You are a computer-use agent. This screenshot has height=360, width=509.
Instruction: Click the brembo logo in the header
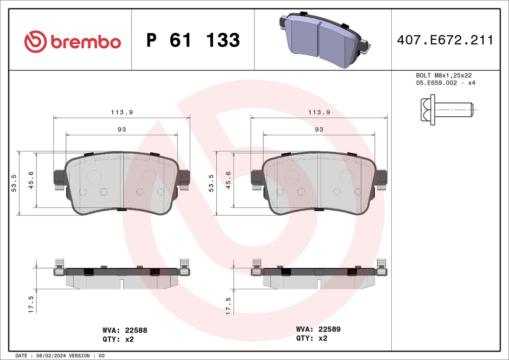[x=73, y=41]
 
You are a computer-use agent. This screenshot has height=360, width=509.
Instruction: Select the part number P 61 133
[x=193, y=40]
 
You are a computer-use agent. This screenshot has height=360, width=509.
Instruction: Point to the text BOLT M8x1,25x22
[x=443, y=76]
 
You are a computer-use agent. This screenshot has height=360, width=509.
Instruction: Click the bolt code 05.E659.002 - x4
[x=445, y=83]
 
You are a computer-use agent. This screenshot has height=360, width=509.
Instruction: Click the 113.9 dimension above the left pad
[x=121, y=112]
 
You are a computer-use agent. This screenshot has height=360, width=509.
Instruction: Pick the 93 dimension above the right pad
[x=319, y=129]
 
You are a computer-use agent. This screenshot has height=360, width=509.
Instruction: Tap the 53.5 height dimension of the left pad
[x=14, y=183]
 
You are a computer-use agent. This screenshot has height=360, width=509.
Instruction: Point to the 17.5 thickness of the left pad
[x=31, y=304]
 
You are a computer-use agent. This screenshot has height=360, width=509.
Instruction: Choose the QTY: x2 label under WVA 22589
[x=312, y=338]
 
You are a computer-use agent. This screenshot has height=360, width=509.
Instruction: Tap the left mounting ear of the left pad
[x=58, y=178]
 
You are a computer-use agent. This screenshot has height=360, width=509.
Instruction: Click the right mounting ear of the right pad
[x=381, y=178]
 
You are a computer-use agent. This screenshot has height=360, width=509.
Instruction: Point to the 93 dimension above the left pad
[x=121, y=129]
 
